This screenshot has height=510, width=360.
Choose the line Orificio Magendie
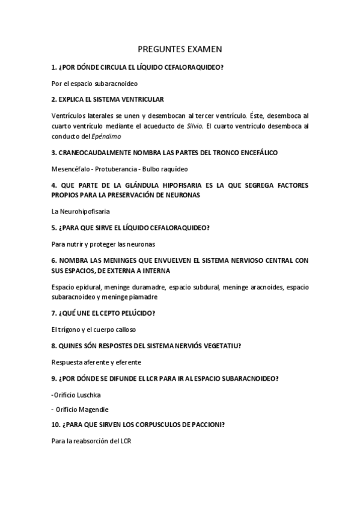80,410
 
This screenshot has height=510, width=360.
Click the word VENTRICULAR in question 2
142,99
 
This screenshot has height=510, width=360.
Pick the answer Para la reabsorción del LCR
91,441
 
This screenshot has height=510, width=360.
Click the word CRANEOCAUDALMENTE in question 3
95,153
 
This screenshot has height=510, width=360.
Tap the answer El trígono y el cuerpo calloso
94,330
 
